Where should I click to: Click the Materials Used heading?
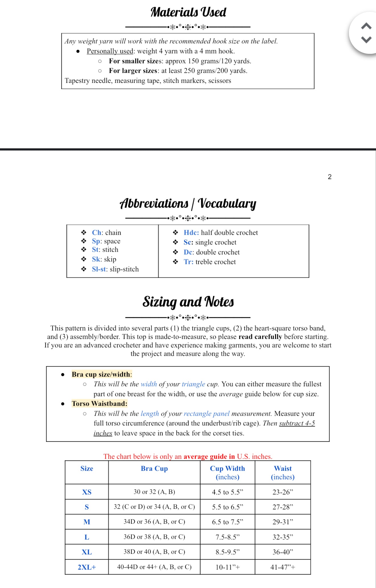point(188,12)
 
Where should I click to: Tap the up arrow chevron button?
point(366,26)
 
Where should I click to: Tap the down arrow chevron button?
point(366,40)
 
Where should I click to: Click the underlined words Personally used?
point(110,51)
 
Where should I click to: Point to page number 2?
point(330,177)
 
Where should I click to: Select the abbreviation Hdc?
point(191,233)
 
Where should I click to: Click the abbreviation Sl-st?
point(99,269)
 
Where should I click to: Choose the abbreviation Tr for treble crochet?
point(188,262)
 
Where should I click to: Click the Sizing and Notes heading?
point(188,302)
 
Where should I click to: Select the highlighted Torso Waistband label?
point(99,404)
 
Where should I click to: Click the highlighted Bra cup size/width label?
point(101,374)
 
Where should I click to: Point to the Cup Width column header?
point(227,473)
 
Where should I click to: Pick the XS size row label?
point(87,492)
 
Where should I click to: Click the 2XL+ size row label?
point(87,567)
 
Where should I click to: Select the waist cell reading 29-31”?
point(283,522)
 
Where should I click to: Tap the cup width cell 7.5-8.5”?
point(227,537)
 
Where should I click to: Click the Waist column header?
point(283,473)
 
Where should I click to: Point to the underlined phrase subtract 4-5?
point(297,423)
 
